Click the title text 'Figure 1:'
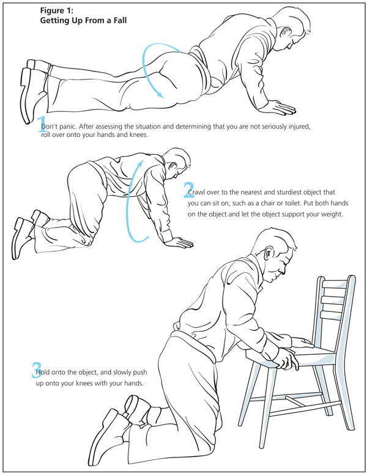tap(57, 10)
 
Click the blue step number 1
tap(42, 124)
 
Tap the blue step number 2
tap(189, 190)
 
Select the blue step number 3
tap(36, 369)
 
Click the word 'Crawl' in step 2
tap(196, 192)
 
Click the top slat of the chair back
tap(335, 284)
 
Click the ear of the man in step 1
tap(285, 32)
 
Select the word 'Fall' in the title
tap(119, 21)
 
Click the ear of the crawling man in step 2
tap(173, 166)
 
